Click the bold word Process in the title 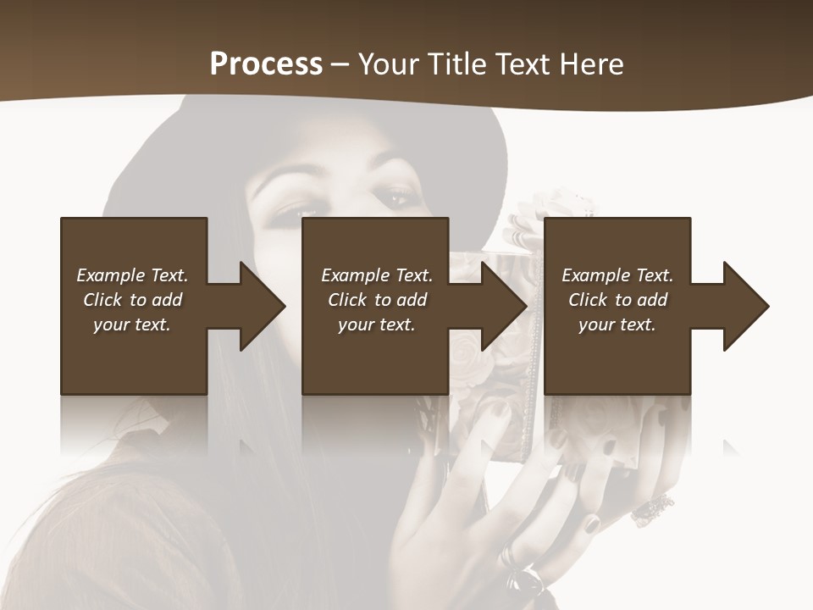coord(266,64)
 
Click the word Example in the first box coord(110,275)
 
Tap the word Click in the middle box coord(347,300)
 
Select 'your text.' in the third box coord(617,324)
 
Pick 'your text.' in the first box coord(132,324)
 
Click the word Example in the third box coord(595,275)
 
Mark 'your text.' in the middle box coord(376,324)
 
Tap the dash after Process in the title coord(340,65)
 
